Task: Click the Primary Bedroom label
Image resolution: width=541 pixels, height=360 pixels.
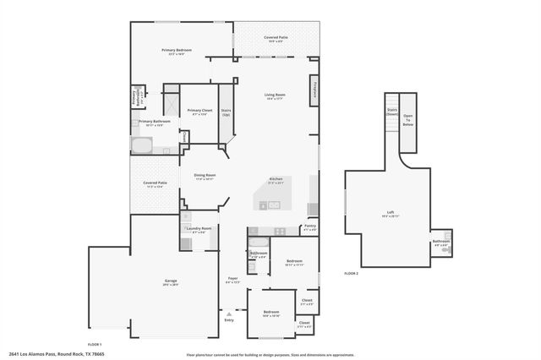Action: pos(177,52)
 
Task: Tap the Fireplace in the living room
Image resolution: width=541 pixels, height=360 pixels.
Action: pos(314,89)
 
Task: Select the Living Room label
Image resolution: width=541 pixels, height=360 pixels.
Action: pos(275,95)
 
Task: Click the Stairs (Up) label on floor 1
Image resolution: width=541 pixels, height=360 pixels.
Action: pos(226,112)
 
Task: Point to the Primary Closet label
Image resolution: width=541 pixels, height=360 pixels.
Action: pos(199,112)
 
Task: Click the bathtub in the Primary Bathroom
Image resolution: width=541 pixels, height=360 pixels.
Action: pos(142,145)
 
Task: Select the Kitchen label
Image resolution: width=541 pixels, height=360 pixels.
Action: pos(276,180)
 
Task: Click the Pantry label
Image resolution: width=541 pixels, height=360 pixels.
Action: pos(309,226)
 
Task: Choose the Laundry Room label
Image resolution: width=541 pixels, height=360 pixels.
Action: pos(200,229)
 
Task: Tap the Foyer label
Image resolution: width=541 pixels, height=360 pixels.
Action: pos(232,280)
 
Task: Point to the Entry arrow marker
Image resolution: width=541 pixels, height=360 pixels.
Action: pos(228,313)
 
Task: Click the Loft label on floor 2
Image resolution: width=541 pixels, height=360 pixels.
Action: pos(390,215)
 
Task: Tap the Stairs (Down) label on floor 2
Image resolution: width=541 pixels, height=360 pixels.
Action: pos(391,112)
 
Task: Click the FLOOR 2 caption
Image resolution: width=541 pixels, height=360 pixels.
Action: pos(351,274)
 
